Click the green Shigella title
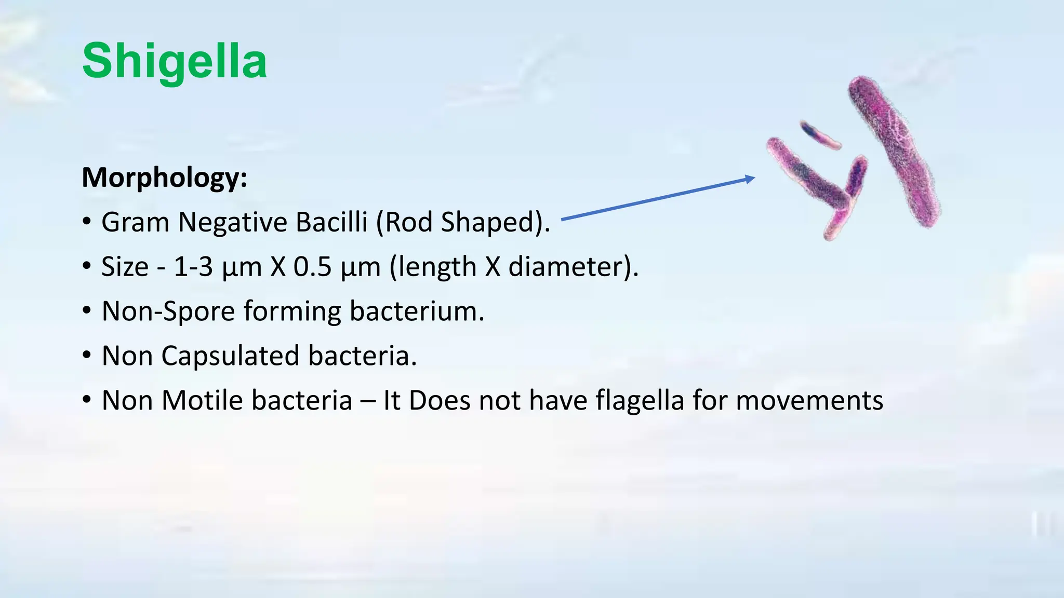[x=175, y=61]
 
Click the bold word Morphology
[x=164, y=178]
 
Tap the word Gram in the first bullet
[x=136, y=222]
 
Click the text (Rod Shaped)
[x=462, y=222]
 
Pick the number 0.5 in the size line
[x=312, y=267]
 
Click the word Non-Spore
[x=168, y=311]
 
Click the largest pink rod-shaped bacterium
[x=895, y=152]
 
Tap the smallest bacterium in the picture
[x=820, y=135]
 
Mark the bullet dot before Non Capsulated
[x=87, y=356]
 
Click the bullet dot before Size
[x=87, y=267]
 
